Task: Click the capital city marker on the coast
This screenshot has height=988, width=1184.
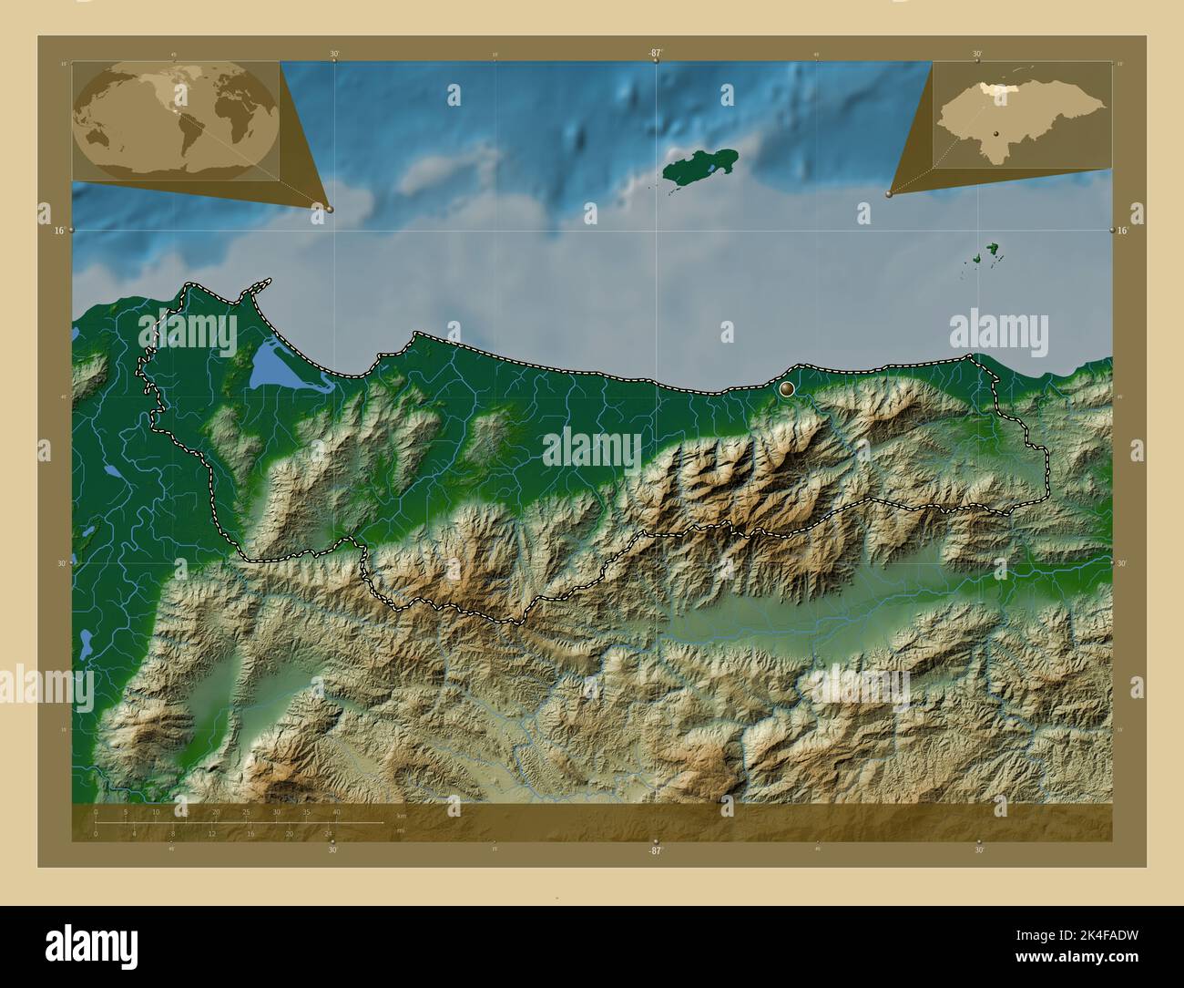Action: (787, 388)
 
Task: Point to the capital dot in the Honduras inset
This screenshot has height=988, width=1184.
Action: (997, 134)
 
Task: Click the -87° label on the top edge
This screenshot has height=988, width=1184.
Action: (654, 54)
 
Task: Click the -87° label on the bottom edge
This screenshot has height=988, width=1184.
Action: (654, 849)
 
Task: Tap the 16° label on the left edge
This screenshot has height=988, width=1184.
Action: (58, 231)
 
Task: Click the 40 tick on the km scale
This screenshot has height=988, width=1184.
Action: (336, 811)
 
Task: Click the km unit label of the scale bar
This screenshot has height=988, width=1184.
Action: (401, 815)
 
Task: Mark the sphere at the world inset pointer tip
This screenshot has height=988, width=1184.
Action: (329, 209)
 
